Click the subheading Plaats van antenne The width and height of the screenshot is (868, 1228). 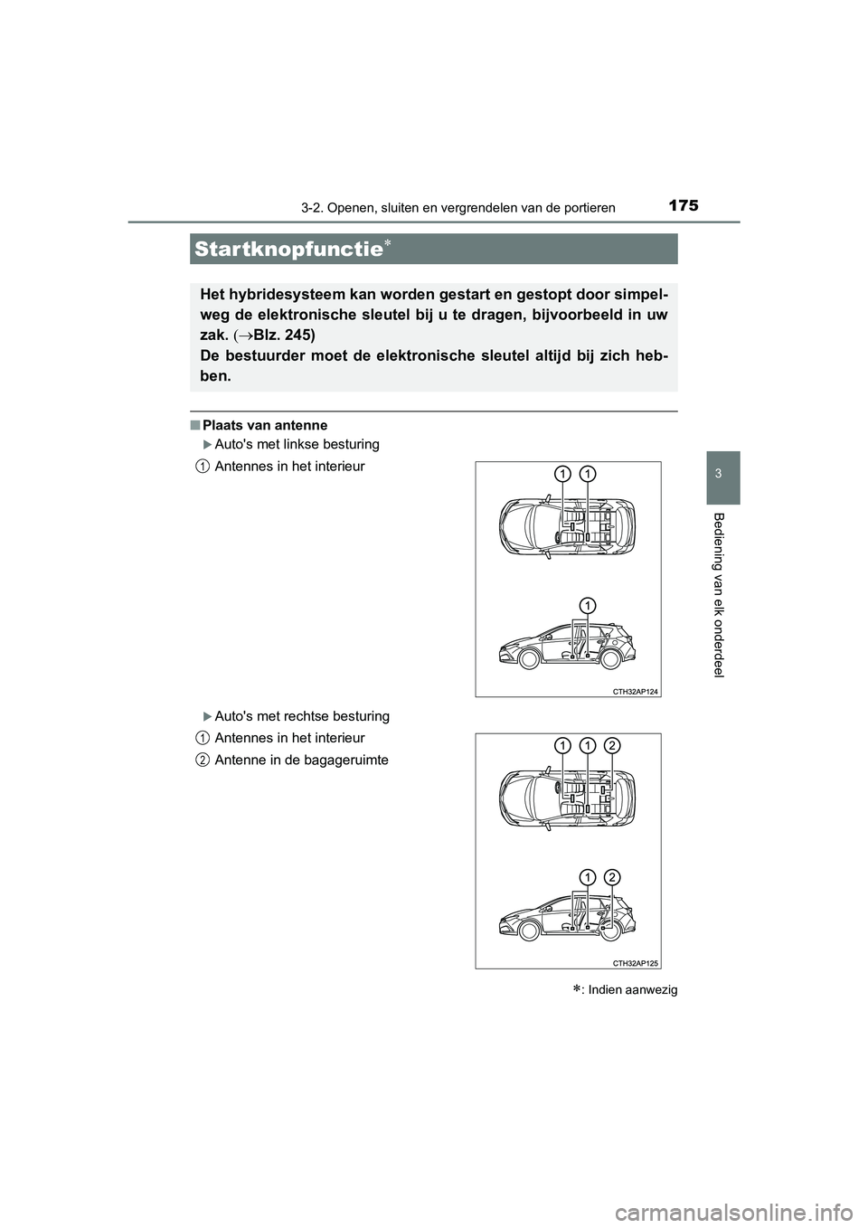[x=265, y=425]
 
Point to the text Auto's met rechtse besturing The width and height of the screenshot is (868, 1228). [x=302, y=716]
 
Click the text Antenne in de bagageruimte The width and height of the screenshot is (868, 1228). [x=302, y=760]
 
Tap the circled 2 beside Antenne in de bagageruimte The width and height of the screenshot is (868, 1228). [x=202, y=760]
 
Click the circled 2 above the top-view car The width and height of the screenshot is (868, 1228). [x=612, y=745]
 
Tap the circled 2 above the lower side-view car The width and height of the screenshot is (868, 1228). [x=612, y=876]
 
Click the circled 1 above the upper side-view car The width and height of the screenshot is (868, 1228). [x=587, y=604]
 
